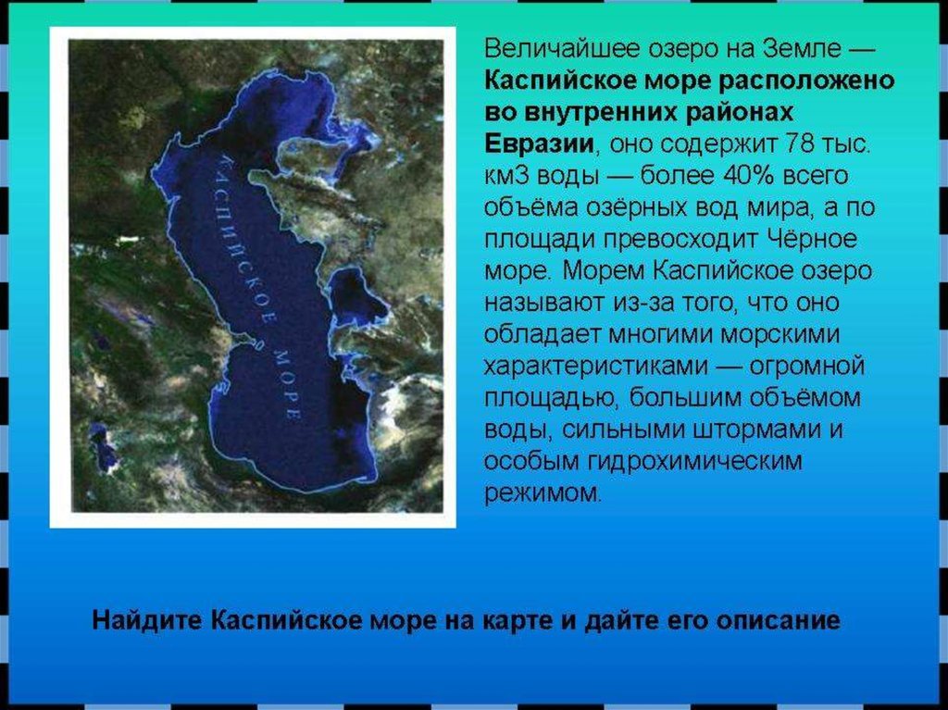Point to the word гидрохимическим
tap(695, 461)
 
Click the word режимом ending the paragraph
tap(542, 492)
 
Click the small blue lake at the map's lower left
tap(103, 447)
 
